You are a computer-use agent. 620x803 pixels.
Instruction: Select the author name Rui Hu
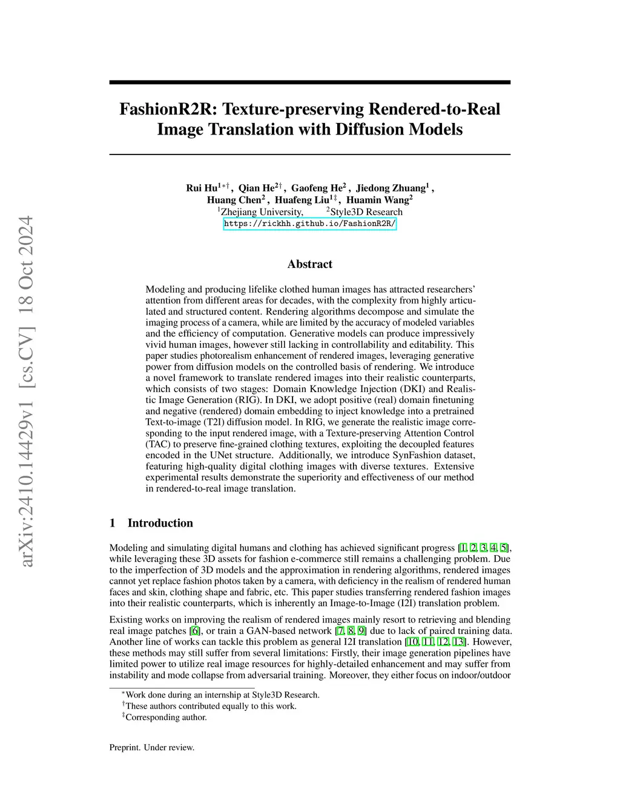(x=202, y=188)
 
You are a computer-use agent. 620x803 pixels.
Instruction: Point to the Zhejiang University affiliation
(x=262, y=212)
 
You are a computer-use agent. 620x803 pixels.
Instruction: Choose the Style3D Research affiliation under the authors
(x=366, y=212)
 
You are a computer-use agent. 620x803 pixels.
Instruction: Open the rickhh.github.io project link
(x=309, y=224)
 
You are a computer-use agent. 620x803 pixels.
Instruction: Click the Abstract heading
(x=309, y=264)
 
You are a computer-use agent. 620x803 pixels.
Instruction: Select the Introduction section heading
(x=160, y=523)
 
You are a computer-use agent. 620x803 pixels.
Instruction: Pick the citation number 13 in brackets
(x=460, y=642)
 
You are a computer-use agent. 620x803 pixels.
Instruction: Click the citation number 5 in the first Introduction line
(x=504, y=548)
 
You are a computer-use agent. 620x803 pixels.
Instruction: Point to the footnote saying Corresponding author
(x=166, y=718)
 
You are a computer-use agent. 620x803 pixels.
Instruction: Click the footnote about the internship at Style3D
(x=222, y=695)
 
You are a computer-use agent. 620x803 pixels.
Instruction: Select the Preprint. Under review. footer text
(x=151, y=748)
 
